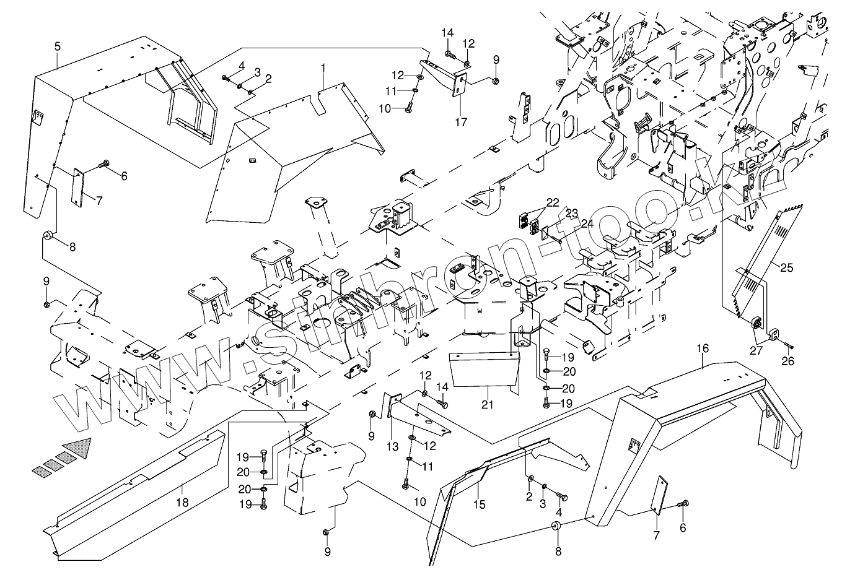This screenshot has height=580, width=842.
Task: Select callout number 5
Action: point(57,46)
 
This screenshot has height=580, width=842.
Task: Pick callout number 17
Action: point(460,122)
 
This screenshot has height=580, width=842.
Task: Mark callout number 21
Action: point(488,405)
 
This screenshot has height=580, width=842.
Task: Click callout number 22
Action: point(553,202)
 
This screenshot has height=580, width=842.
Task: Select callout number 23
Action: point(571,213)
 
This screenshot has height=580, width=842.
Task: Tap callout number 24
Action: point(587,223)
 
